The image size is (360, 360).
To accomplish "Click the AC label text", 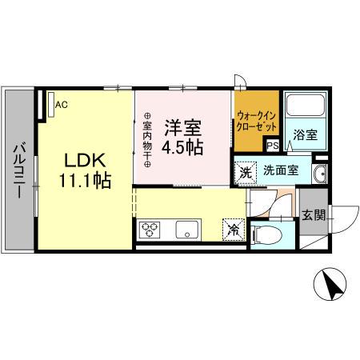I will tap(62, 103).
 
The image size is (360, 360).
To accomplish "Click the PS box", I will tap(272, 146).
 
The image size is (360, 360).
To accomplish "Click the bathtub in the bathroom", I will tap(305, 106).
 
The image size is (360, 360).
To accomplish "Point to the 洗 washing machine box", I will tap(246, 170).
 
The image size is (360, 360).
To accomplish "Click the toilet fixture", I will tap(266, 234).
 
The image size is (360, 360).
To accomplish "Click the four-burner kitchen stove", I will tap(150, 231).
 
